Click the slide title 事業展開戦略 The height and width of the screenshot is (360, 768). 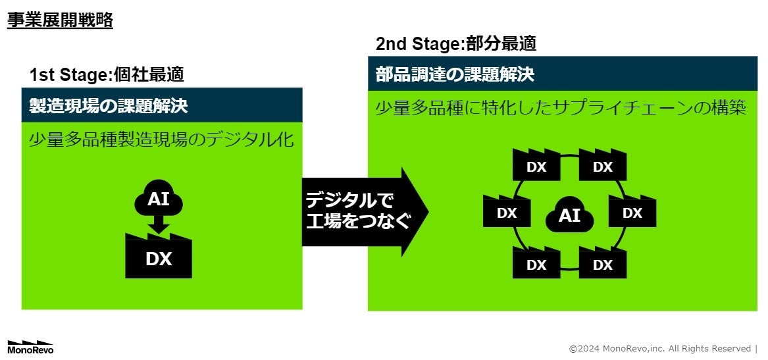click(x=60, y=20)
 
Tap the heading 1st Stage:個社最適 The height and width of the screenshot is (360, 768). click(x=107, y=74)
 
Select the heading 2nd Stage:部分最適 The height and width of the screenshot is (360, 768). click(x=455, y=44)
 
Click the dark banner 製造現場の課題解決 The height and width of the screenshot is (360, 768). click(x=162, y=105)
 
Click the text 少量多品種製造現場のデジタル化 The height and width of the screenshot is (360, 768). click(x=161, y=140)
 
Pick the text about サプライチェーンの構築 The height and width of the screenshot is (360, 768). click(x=561, y=109)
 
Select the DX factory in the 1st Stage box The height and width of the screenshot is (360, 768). click(x=159, y=257)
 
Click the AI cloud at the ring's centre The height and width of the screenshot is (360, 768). click(x=569, y=215)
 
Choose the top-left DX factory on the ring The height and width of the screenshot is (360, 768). click(x=536, y=166)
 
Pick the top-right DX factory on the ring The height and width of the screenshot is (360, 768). click(x=603, y=166)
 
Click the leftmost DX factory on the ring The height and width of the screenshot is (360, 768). click(x=506, y=213)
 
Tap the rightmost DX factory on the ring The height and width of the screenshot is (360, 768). click(x=632, y=213)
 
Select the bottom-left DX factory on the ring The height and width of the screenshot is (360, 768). click(x=536, y=264)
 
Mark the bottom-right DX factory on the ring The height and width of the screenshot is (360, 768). click(x=603, y=264)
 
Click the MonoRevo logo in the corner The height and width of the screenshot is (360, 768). click(x=30, y=347)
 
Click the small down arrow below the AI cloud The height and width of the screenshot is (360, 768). click(x=159, y=226)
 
